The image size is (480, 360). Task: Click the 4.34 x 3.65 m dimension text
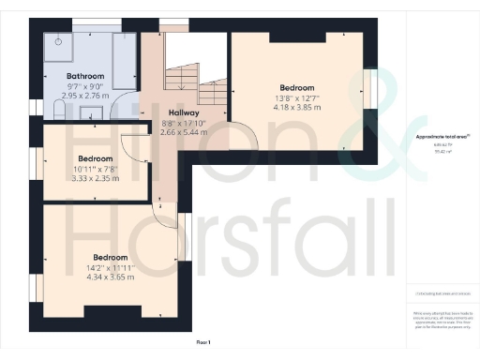click(x=111, y=277)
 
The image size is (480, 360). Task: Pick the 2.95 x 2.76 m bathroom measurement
click(x=84, y=95)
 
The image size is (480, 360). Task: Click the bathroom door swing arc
click(x=122, y=109)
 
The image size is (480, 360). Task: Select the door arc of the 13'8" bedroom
click(x=245, y=138)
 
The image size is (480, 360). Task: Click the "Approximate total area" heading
click(x=442, y=138)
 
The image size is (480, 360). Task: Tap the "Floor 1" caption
click(x=204, y=342)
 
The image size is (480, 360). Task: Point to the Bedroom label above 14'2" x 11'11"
click(x=111, y=256)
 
